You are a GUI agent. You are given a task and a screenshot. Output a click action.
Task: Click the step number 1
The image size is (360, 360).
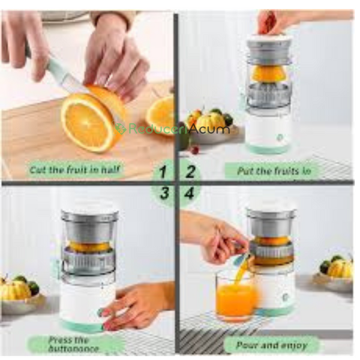(x=163, y=172)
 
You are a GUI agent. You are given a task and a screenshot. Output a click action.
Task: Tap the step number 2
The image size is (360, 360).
(x=190, y=172)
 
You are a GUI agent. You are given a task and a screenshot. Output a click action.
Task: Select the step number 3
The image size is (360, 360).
(x=164, y=193)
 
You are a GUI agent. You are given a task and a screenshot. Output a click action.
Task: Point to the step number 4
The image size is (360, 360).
(x=190, y=193)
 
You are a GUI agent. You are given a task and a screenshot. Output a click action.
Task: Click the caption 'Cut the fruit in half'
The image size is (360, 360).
(x=74, y=170)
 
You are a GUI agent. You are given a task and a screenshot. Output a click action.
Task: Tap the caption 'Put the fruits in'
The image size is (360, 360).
(x=274, y=171)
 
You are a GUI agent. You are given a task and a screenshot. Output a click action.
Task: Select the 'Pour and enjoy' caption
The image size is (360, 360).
(x=272, y=345)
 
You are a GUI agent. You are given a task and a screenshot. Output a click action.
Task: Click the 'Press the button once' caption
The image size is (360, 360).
(x=73, y=344)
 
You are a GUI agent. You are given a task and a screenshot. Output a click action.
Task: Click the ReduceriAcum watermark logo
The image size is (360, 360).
(x=172, y=128)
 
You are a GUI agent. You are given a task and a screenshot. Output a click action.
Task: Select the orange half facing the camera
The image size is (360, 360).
(x=87, y=123)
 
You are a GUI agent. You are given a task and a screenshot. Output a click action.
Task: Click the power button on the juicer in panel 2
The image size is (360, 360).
(x=280, y=137)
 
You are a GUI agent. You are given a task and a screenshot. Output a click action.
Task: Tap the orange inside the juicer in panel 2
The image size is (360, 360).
(x=268, y=74)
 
